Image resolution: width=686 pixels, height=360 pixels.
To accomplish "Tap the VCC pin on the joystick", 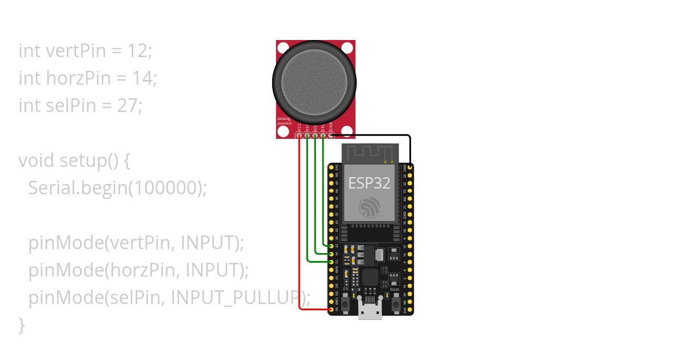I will click(300, 135).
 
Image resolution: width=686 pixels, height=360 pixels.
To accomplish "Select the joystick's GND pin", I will click(331, 135).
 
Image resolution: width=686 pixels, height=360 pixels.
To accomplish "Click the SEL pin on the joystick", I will click(324, 135).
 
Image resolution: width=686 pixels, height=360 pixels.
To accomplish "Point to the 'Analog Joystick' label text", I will click(284, 121).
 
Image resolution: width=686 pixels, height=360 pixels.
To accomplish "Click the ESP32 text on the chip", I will click(369, 183).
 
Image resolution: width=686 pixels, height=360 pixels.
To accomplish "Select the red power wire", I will click(300, 229).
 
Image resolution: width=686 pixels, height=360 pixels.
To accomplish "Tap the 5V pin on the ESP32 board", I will click(331, 310).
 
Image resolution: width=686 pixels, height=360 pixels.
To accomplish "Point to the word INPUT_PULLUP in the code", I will click(236, 297).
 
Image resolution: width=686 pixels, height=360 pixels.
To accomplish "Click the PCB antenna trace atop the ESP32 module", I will click(369, 153).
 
